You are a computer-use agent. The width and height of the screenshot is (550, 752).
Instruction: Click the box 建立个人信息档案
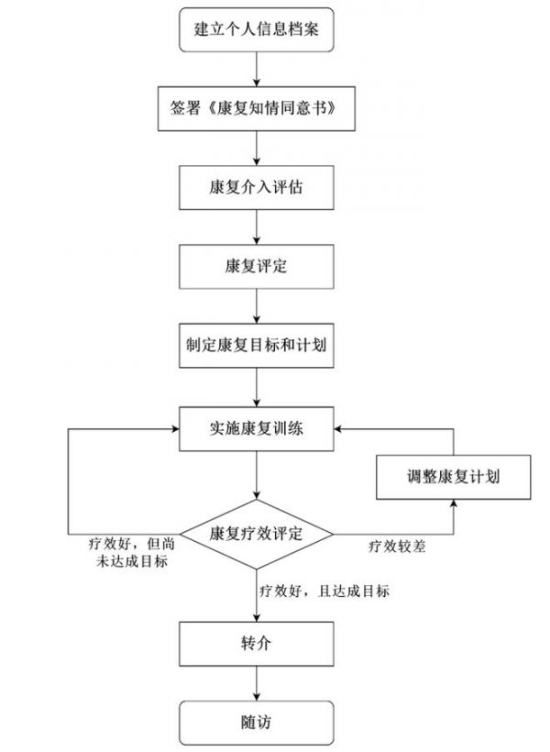257,29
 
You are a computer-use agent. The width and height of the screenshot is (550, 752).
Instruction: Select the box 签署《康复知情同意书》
257,109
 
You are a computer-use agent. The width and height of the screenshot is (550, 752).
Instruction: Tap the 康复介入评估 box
257,187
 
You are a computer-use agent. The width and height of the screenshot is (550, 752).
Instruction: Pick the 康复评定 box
257,267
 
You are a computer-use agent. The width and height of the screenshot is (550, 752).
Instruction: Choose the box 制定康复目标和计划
257,346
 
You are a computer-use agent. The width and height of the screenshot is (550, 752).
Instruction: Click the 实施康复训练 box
257,429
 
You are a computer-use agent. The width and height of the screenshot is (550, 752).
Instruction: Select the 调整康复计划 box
454,477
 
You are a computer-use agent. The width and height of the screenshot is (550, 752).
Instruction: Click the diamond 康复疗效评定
257,535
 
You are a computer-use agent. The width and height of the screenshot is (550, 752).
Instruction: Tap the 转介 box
257,644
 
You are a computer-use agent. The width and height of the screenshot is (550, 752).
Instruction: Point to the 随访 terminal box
257,723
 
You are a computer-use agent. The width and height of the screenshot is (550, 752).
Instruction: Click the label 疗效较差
397,547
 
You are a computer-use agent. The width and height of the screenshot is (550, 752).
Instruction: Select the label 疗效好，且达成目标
324,591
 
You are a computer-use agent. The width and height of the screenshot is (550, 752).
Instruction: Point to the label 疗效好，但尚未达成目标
132,552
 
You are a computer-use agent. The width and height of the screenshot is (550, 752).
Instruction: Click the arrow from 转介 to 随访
257,683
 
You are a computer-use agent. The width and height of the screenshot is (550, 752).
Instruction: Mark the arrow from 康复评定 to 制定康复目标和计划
257,306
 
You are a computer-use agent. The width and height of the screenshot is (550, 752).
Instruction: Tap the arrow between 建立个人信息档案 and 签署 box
257,69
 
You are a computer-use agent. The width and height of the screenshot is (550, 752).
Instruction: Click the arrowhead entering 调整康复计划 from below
454,503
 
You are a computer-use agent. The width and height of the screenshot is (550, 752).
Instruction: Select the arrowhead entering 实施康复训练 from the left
175,429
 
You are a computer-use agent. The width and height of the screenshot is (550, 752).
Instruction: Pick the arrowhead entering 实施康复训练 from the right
338,429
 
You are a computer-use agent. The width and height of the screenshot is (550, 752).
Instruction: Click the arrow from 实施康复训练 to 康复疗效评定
257,475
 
